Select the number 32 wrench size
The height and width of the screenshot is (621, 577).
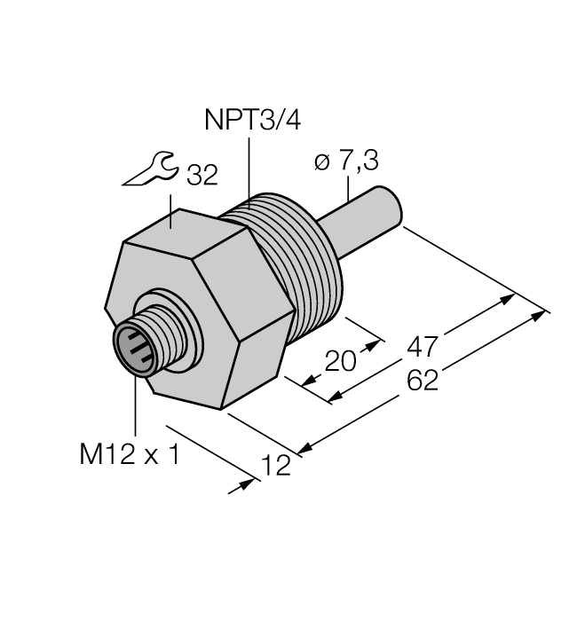coord(202,176)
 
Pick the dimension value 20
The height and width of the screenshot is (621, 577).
coord(340,360)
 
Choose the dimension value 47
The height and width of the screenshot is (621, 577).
coord(423,347)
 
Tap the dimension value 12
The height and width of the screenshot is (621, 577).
coord(277,465)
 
